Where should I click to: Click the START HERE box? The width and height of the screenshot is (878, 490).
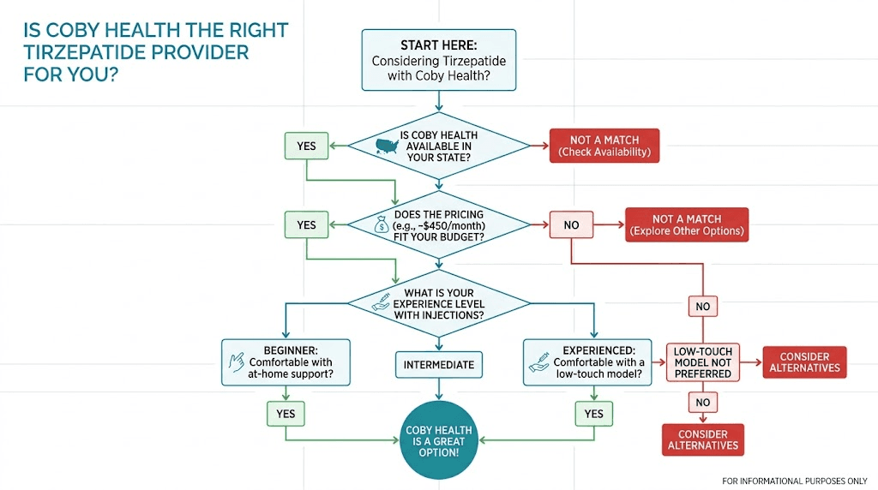click(x=439, y=60)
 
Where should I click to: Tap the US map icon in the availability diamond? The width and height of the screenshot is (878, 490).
click(x=389, y=146)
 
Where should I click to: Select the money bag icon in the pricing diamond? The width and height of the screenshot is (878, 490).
click(x=382, y=225)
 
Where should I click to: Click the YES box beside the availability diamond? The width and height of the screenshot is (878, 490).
click(x=306, y=146)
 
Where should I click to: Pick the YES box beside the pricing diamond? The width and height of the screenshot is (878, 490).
click(x=306, y=225)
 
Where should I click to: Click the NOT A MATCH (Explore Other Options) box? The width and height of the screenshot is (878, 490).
click(x=687, y=225)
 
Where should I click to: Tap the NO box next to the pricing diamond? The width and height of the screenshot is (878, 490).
click(x=571, y=225)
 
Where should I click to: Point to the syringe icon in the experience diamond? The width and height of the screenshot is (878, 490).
click(x=381, y=304)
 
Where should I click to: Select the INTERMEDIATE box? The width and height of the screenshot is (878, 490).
click(x=438, y=365)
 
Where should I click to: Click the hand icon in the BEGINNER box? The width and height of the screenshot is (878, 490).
click(x=236, y=362)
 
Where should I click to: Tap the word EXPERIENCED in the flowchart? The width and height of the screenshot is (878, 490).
click(x=598, y=350)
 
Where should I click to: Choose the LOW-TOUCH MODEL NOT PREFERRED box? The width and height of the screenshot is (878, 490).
click(x=702, y=362)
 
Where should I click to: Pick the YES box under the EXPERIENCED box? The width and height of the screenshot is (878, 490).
click(x=593, y=414)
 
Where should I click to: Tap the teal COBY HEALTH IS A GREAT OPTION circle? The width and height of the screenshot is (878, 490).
click(x=438, y=439)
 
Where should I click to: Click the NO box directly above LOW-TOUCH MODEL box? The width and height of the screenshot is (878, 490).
click(x=702, y=306)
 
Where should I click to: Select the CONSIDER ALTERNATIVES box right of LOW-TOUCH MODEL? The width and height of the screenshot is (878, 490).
click(x=804, y=362)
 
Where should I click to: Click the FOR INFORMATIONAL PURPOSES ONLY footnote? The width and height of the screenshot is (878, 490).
click(x=795, y=481)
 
